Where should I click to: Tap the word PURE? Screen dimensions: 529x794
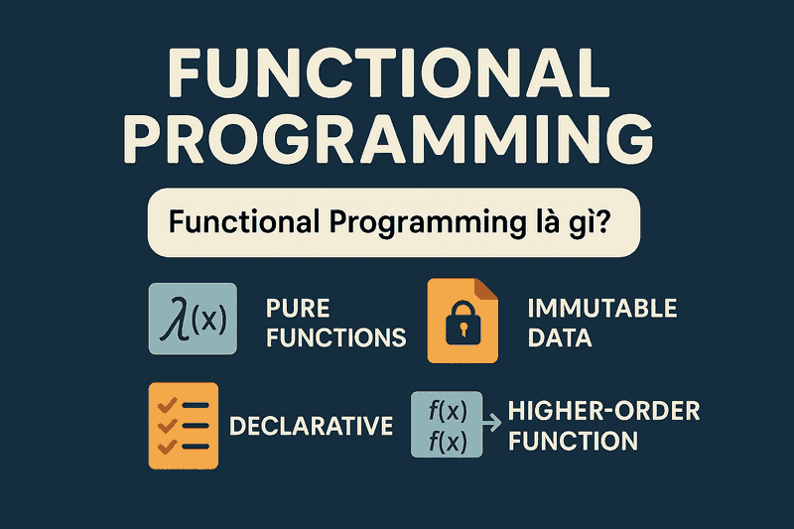[298, 308]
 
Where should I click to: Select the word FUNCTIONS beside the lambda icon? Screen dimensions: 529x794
[336, 337]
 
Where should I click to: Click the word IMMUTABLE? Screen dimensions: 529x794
[602, 308]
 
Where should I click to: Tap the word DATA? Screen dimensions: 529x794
[560, 337]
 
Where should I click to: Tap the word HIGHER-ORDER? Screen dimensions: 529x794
[603, 410]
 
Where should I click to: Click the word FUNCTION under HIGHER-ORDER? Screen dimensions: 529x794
[573, 440]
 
